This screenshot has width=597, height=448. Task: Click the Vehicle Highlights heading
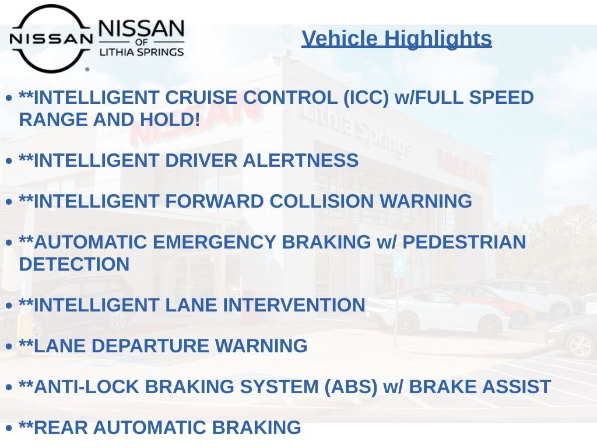click(396, 38)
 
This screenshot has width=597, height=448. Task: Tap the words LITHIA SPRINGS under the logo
click(142, 52)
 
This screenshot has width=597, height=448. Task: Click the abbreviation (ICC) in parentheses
click(366, 97)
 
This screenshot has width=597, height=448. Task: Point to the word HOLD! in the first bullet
click(170, 120)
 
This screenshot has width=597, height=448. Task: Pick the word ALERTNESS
click(300, 160)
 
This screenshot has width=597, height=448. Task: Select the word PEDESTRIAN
click(464, 242)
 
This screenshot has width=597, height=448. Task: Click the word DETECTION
click(74, 264)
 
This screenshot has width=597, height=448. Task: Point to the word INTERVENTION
click(294, 305)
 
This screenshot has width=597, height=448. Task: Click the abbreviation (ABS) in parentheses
click(350, 387)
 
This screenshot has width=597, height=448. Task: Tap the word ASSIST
click(517, 387)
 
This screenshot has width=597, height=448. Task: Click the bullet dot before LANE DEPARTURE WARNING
click(9, 346)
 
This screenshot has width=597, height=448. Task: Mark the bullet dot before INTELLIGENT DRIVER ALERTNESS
click(9, 161)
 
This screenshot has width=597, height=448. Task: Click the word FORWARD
click(215, 201)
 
